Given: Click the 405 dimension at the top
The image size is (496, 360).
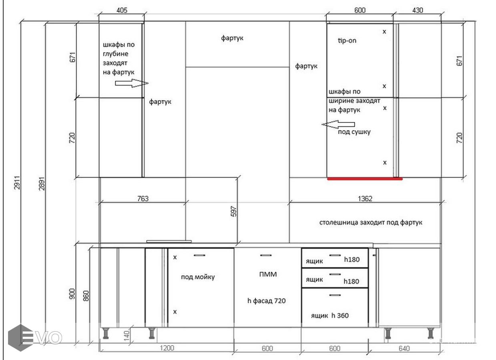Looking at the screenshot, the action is point(122,10).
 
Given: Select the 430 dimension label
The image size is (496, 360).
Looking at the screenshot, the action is point(418,10).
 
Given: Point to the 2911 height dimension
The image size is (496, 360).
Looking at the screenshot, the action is point(17,182).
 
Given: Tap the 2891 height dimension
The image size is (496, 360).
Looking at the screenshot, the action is point(42,184).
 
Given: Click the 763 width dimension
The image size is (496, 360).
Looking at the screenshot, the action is point(143,199).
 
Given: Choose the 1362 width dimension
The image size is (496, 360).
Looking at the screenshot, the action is point(365,199).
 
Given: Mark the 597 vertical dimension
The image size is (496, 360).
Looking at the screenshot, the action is point(234,211).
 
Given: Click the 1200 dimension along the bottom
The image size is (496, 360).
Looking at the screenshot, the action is point(167,348).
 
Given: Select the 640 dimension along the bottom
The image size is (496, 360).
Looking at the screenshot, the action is point(404,348).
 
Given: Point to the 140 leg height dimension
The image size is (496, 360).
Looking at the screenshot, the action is point(127,336).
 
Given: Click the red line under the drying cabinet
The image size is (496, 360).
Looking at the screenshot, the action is point(365,179).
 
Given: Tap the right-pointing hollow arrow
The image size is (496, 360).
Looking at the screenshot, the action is point(132,83).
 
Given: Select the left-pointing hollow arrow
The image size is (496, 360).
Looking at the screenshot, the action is point(338,124).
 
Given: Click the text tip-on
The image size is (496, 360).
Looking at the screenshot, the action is point(347,40).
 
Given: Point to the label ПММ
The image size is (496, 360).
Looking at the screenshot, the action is point(268,274).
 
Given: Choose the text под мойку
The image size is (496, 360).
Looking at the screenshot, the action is point(198,277).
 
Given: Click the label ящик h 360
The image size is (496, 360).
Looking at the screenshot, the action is point(330,315).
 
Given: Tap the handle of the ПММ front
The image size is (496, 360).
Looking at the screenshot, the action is point(266,255).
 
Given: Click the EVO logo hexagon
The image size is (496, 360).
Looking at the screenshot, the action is point(20,338).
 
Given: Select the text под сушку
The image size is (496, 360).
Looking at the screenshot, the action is point(354,132).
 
